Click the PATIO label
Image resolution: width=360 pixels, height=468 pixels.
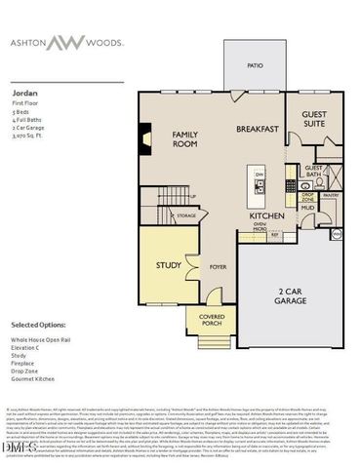pyautogui.click(x=255, y=66)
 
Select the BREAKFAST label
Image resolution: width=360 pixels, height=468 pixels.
pyautogui.click(x=259, y=129)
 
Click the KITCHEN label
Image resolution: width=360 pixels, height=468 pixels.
pyautogui.click(x=265, y=215)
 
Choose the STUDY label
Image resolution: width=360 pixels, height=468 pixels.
pyautogui.click(x=169, y=264)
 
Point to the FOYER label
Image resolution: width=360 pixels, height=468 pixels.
pyautogui.click(x=218, y=264)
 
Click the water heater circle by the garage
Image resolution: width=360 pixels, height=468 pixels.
pyautogui.click(x=337, y=234)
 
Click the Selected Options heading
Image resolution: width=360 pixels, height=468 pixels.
pyautogui.click(x=38, y=323)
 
